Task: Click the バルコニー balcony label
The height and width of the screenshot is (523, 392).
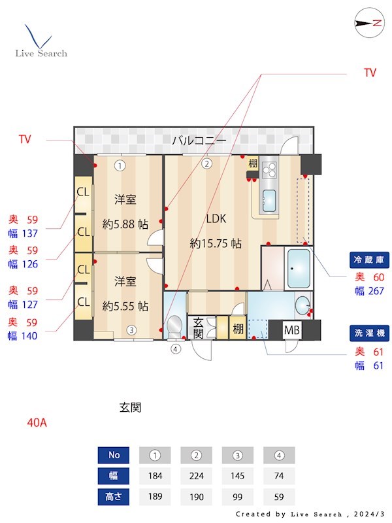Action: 199,141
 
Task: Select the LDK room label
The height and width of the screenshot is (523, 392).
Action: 216,219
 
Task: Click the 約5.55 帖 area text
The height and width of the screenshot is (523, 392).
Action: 125,305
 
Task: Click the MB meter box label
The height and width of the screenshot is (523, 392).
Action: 291,330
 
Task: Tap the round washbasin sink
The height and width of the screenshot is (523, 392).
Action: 302,306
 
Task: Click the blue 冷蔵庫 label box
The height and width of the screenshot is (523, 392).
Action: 368,260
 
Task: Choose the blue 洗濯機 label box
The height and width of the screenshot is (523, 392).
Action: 368,333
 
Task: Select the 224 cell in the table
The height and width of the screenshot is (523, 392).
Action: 197,476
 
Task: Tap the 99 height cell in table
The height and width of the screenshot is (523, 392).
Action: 238,496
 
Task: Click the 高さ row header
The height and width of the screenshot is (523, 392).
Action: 114,496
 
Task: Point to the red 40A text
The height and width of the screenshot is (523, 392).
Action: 37,422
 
